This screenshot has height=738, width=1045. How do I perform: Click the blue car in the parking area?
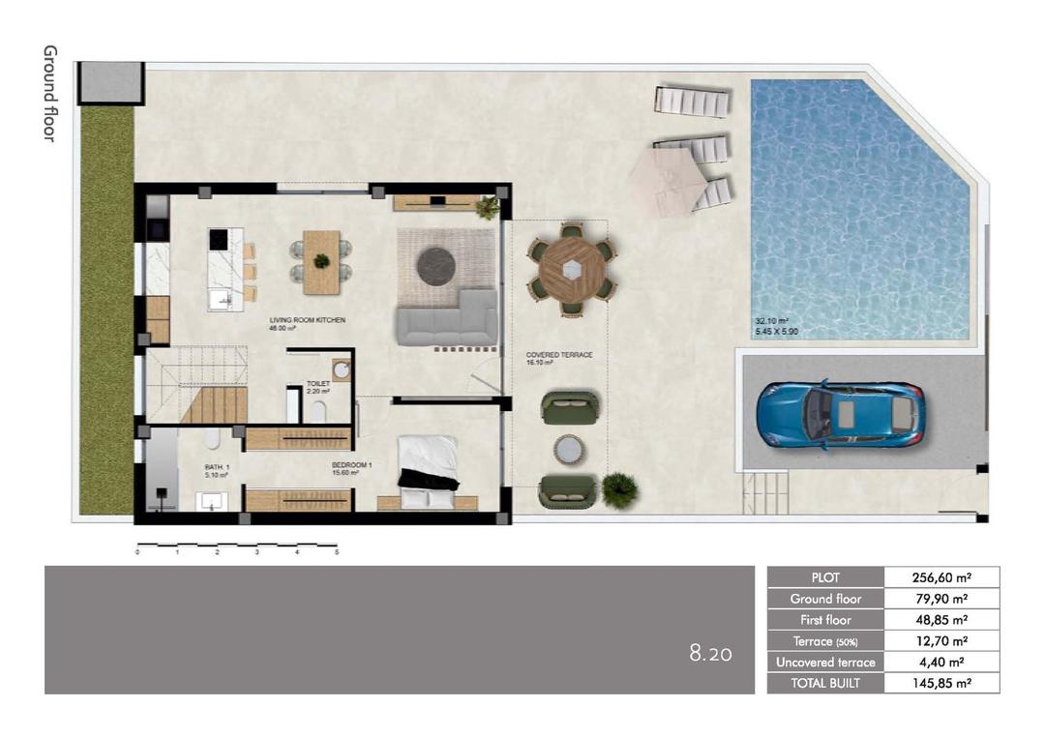point(840,413)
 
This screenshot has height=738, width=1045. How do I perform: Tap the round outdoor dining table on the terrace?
point(571,270)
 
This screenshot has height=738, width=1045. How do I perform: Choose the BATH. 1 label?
point(217,470)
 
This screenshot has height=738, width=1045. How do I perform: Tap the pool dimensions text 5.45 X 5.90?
point(777,332)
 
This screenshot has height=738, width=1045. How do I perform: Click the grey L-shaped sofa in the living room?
point(446,318)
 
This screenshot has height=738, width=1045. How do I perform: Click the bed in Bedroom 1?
point(427,471)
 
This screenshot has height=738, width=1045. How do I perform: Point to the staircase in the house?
point(198,386)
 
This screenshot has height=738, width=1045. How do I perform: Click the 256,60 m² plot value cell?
point(940,577)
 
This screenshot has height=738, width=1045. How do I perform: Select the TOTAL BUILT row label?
point(825,683)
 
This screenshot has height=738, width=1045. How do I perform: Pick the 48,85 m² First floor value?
point(940,620)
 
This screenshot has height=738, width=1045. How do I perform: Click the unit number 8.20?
point(710,655)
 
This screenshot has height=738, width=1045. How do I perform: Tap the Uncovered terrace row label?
point(825,663)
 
